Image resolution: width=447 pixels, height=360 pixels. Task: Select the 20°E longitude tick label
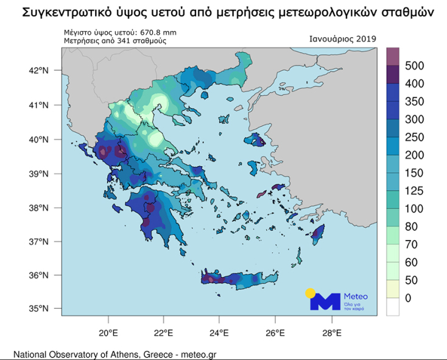click(108, 333)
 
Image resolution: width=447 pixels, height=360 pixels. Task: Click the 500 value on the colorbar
click(414, 66)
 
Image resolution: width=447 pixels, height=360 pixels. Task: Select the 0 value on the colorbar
click(409, 297)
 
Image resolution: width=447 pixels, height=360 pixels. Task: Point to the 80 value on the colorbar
click(411, 227)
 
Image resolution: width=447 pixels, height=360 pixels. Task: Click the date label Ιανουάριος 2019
click(343, 39)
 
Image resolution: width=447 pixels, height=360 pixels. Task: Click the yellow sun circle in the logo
click(311, 292)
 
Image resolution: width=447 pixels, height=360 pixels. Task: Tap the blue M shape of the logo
click(326, 302)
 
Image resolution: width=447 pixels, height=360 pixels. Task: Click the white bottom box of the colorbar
click(392, 306)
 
